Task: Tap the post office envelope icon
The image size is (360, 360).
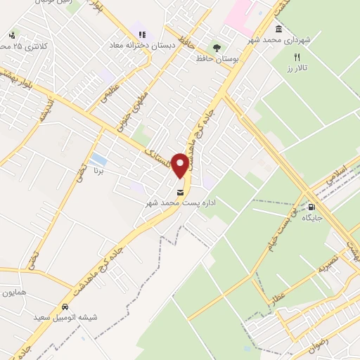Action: (x=181, y=192)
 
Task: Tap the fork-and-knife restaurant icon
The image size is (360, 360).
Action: (x=297, y=58)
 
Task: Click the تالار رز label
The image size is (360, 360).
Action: (x=297, y=69)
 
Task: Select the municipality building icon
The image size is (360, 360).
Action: (x=280, y=30)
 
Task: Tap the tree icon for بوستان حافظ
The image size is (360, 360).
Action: (x=217, y=49)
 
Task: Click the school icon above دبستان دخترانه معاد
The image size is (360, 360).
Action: (x=141, y=34)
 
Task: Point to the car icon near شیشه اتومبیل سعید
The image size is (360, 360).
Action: (x=65, y=307)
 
